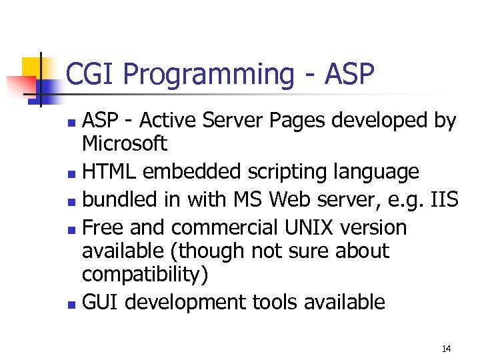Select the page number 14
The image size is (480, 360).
pos(446,349)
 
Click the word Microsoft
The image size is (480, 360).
pos(124,143)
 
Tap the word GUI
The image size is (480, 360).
pos(101,302)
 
